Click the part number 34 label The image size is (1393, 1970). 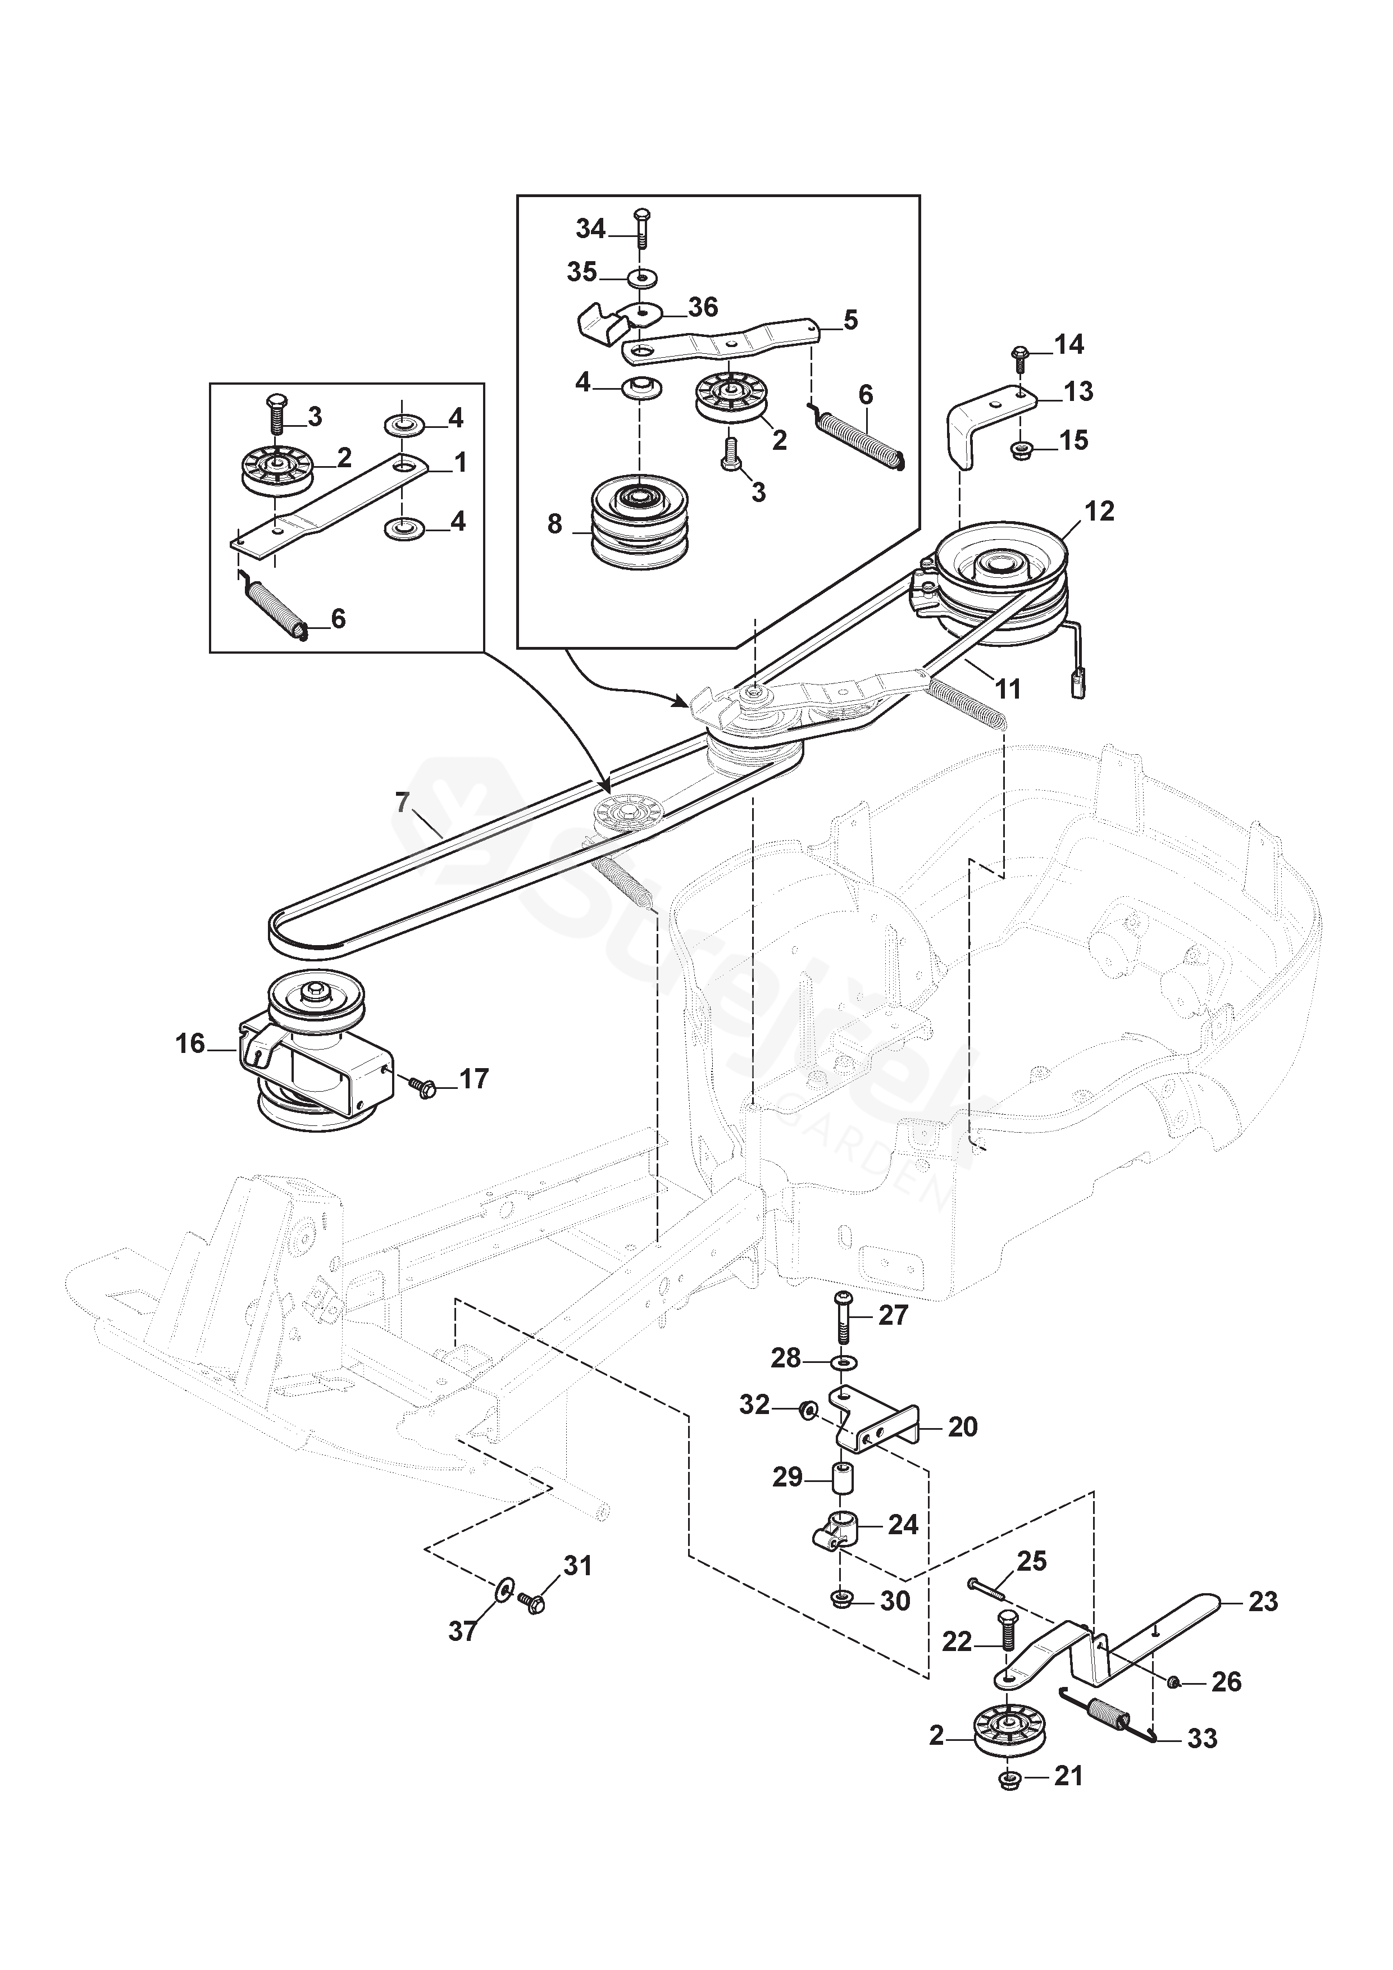coord(590,229)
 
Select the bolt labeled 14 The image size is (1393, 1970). coord(1021,357)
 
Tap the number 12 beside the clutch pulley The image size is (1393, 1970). coord(1099,512)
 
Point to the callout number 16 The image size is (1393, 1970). coord(190,1043)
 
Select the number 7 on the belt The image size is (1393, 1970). coord(402,802)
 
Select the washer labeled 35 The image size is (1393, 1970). coord(639,279)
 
